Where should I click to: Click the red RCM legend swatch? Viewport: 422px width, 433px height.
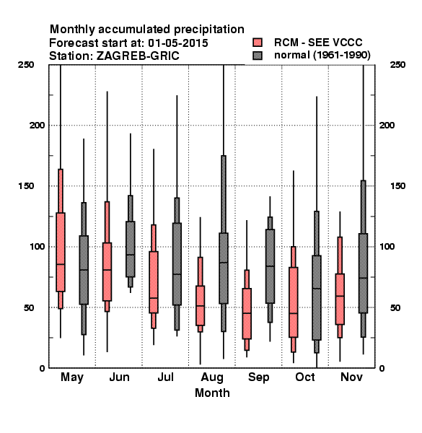pyautogui.click(x=258, y=43)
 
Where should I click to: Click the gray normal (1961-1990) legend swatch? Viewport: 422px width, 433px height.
pyautogui.click(x=258, y=56)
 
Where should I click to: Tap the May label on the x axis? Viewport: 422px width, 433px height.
pyautogui.click(x=72, y=377)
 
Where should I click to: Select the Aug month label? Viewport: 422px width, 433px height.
pyautogui.click(x=212, y=377)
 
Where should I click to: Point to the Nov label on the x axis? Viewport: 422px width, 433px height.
pyautogui.click(x=351, y=377)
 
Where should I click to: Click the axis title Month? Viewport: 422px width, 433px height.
pyautogui.click(x=212, y=393)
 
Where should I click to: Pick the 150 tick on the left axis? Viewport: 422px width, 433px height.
pyautogui.click(x=26, y=186)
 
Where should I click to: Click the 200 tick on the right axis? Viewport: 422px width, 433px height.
pyautogui.click(x=387, y=125)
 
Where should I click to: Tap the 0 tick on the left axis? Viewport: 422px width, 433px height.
pyautogui.click(x=42, y=368)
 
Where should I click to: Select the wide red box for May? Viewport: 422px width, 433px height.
pyautogui.click(x=61, y=252)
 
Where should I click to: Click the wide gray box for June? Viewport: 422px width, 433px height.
pyautogui.click(x=131, y=249)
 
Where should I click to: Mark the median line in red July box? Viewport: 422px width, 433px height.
pyautogui.click(x=154, y=298)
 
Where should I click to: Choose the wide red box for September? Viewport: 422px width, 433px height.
pyautogui.click(x=247, y=313)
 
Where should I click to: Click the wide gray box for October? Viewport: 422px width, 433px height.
pyautogui.click(x=317, y=297)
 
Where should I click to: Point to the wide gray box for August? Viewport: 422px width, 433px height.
pyautogui.click(x=224, y=268)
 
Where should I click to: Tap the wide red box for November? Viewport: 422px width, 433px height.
pyautogui.click(x=340, y=299)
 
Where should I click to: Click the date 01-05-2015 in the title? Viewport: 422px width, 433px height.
pyautogui.click(x=178, y=43)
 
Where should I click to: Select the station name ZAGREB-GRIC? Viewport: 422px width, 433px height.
pyautogui.click(x=138, y=56)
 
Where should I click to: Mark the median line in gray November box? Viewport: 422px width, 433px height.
pyautogui.click(x=364, y=278)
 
